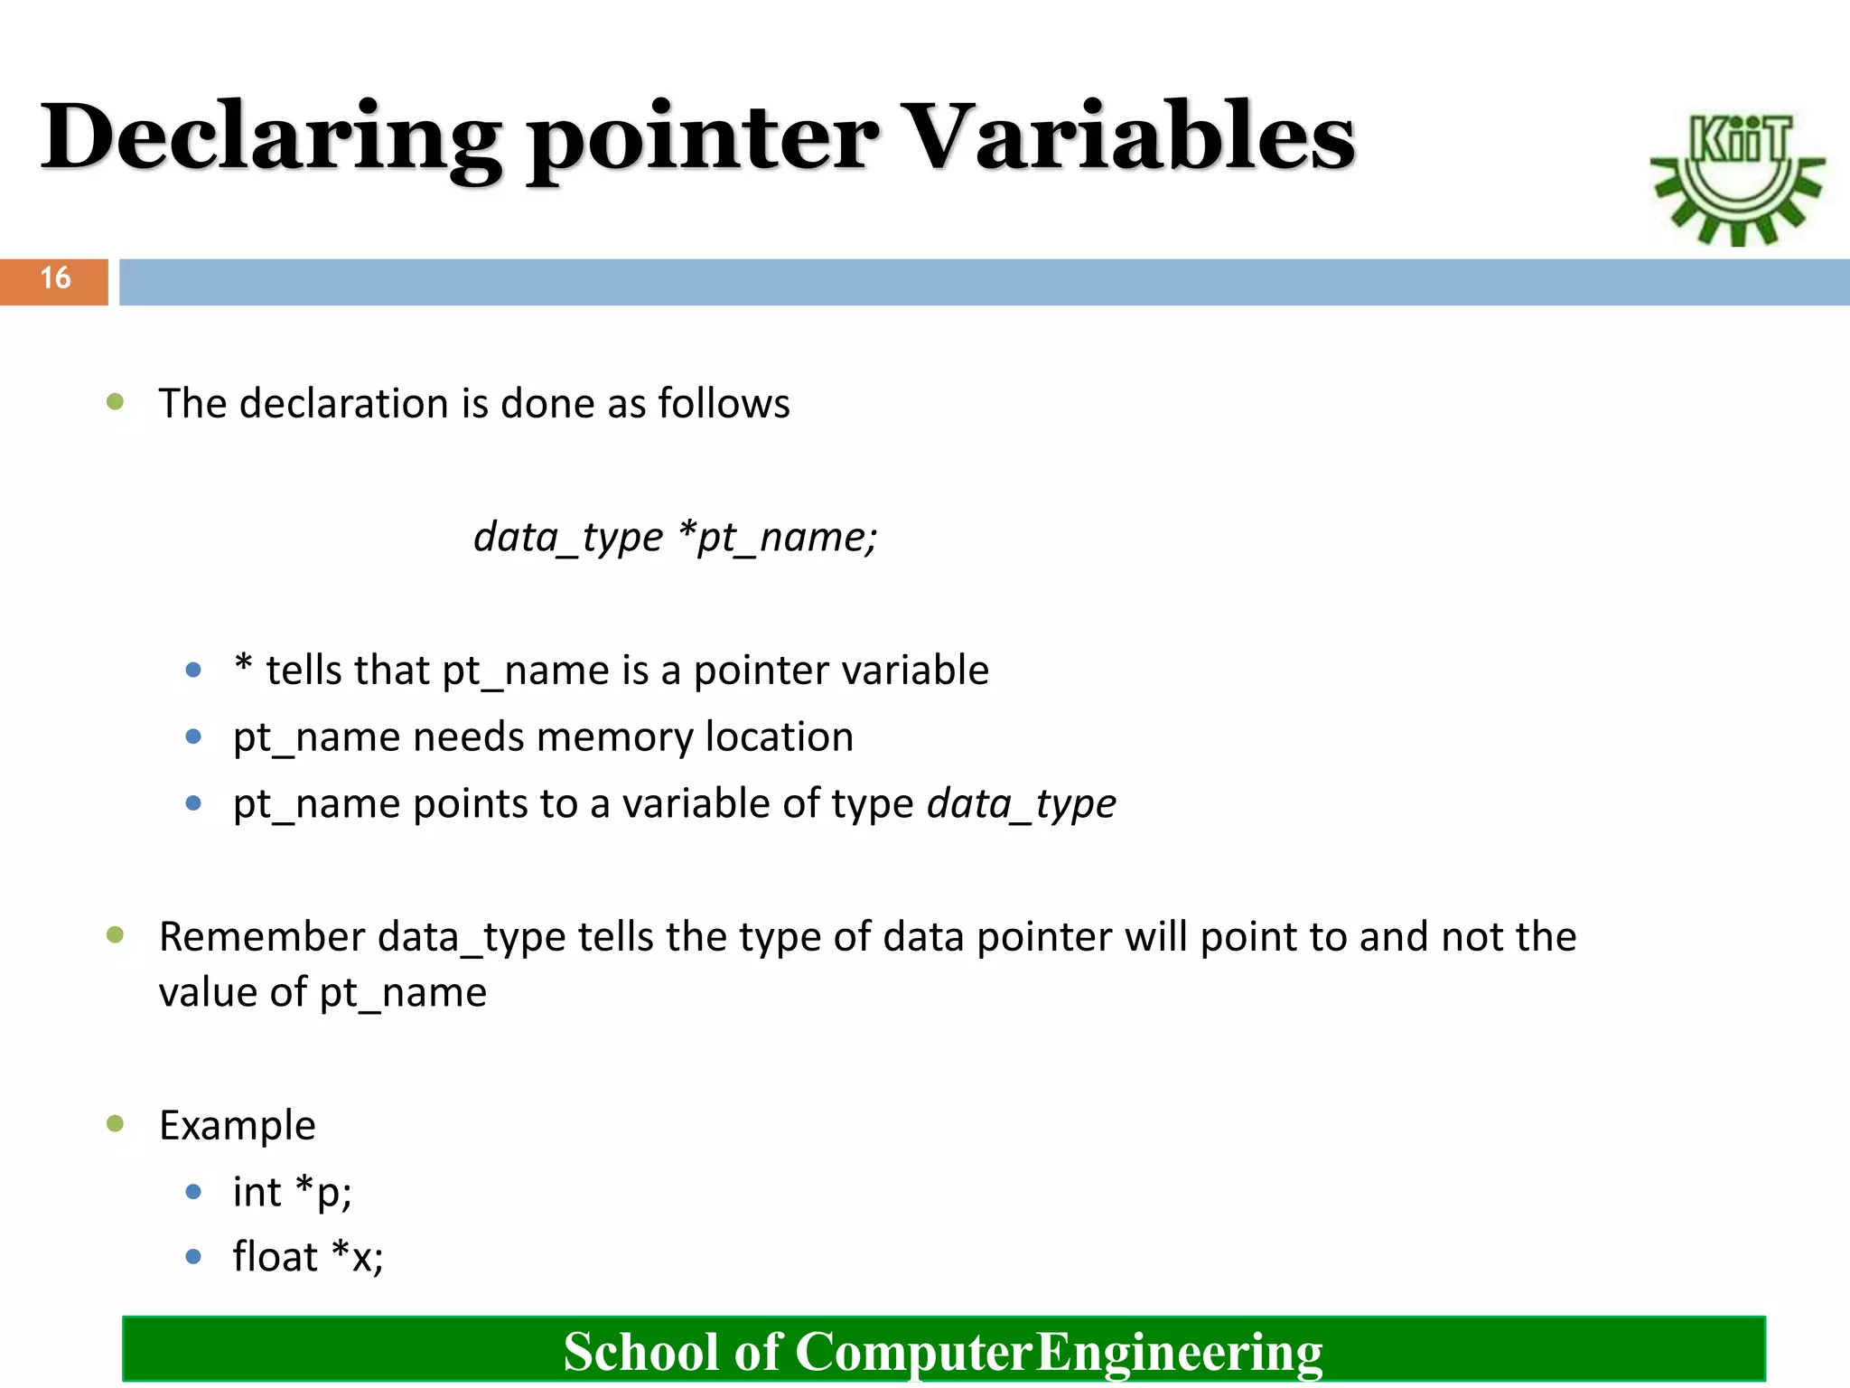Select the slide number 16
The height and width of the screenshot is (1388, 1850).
[54, 278]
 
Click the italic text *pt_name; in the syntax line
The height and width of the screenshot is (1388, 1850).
[777, 538]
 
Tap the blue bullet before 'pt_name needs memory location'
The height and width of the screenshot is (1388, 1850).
[193, 736]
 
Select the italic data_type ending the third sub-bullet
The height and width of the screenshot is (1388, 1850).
[1022, 804]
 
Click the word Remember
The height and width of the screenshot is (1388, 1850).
[262, 937]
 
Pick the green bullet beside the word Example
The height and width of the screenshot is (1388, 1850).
[115, 1123]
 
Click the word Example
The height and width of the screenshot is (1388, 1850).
[238, 1126]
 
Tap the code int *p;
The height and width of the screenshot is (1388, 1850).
[292, 1192]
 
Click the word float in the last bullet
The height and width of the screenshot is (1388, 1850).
[275, 1257]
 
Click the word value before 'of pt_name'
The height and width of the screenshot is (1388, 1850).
[208, 993]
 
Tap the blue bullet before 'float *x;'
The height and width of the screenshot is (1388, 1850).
[193, 1256]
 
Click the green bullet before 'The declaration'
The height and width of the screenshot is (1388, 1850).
[115, 402]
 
